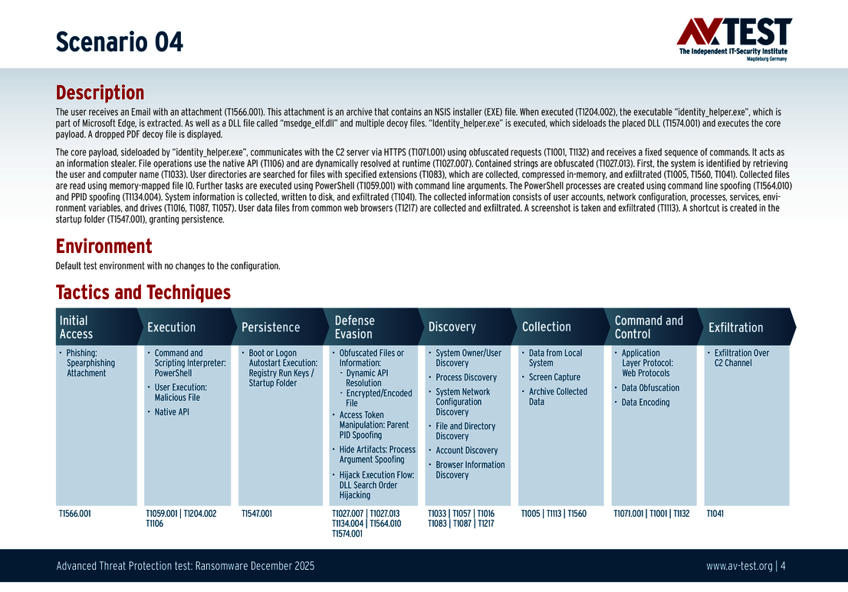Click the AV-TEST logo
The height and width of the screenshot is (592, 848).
click(x=734, y=38)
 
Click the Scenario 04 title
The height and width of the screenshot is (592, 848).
click(x=119, y=41)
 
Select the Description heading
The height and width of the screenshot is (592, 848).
click(x=100, y=93)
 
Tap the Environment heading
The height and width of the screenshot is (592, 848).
click(x=104, y=246)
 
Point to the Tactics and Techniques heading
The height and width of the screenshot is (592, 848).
click(x=143, y=292)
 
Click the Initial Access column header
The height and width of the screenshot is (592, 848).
click(x=76, y=327)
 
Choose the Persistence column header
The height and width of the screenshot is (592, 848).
click(x=271, y=327)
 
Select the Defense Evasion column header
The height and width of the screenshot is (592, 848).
click(x=355, y=327)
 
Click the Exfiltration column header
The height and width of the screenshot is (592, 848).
click(x=735, y=327)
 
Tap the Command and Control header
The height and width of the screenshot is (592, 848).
click(x=649, y=327)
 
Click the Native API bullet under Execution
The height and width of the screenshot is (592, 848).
click(x=172, y=412)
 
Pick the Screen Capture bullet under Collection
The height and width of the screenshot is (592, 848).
click(x=554, y=377)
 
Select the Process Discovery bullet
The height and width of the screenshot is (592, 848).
click(x=466, y=377)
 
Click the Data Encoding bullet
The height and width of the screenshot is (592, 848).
click(x=646, y=402)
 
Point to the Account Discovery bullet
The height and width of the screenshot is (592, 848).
click(x=467, y=450)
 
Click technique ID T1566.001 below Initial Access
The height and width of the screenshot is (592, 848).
click(x=75, y=514)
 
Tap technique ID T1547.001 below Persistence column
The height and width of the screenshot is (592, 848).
click(x=257, y=514)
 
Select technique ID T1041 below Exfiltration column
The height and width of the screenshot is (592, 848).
click(x=715, y=514)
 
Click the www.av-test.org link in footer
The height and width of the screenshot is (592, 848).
click(x=739, y=567)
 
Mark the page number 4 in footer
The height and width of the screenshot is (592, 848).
click(x=784, y=567)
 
